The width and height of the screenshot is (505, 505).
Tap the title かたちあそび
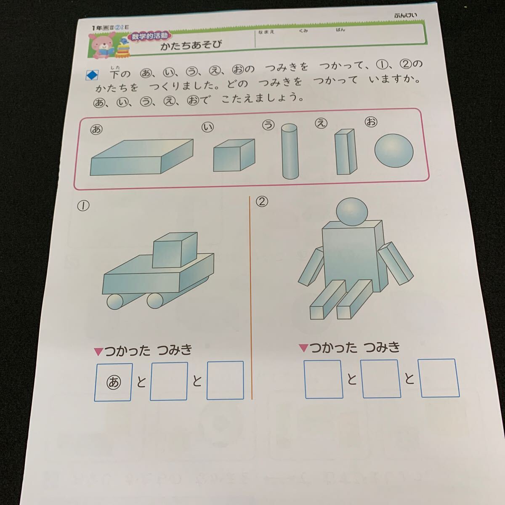click(191, 45)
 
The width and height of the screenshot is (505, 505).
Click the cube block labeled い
click(234, 155)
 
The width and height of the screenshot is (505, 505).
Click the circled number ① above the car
click(83, 206)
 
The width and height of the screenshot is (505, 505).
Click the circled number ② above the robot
click(262, 202)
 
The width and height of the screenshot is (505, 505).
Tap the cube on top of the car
click(174, 250)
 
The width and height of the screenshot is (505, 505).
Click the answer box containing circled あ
click(114, 382)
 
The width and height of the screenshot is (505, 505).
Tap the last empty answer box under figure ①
click(225, 380)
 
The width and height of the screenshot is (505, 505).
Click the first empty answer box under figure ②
click(323, 379)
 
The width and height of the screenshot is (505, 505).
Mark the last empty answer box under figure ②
click(439, 378)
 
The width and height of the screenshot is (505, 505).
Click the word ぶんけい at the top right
click(406, 15)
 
